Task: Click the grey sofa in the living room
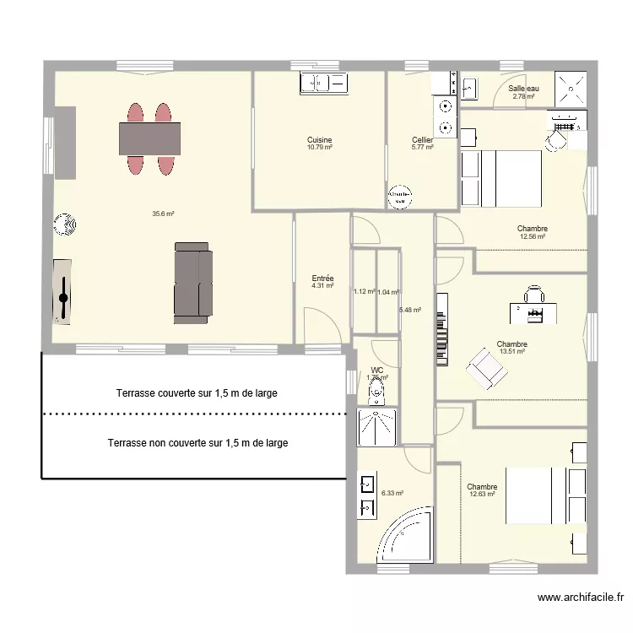(192, 282)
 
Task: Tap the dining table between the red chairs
(150, 138)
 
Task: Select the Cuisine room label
(319, 140)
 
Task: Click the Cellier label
(422, 140)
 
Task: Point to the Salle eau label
(523, 89)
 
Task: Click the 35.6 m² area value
(163, 214)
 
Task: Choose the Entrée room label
(322, 279)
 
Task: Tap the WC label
(376, 370)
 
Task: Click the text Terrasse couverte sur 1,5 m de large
(197, 392)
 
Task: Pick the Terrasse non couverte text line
(197, 442)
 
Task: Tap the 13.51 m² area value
(512, 351)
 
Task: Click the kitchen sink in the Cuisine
(323, 83)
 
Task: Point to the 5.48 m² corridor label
(410, 310)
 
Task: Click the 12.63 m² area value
(482, 494)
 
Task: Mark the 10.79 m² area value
(319, 148)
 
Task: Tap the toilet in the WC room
(376, 389)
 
